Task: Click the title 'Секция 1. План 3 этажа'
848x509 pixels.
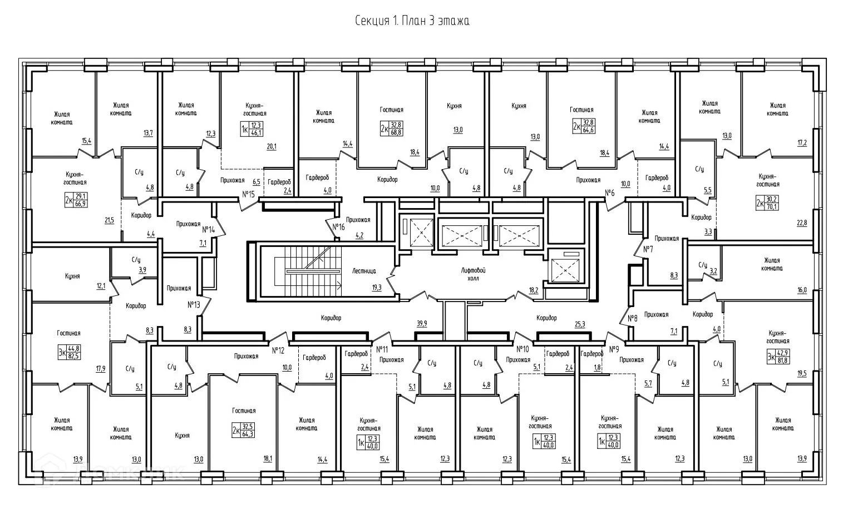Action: tap(412, 21)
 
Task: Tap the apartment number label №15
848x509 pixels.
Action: tap(248, 194)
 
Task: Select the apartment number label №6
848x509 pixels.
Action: tap(609, 193)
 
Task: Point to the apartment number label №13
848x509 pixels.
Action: tap(194, 304)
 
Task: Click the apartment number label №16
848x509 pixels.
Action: tap(338, 227)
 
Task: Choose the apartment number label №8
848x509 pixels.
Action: tap(632, 318)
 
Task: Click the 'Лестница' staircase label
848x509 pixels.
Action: tap(364, 271)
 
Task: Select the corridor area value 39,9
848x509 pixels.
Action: tap(421, 324)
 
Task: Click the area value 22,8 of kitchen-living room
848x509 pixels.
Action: tap(801, 223)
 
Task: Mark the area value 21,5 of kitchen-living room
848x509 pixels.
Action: tap(109, 221)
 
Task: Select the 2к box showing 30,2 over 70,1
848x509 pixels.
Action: tap(767, 204)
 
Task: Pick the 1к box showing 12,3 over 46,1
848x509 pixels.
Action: tap(251, 129)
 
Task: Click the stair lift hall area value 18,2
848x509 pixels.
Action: tap(533, 290)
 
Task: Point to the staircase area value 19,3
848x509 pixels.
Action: tap(377, 288)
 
